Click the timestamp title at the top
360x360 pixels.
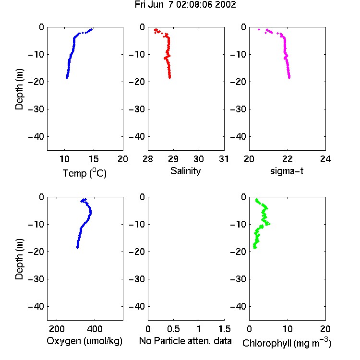(x=185, y=5)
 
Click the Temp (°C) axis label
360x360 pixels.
(x=84, y=173)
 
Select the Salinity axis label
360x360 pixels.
(x=185, y=171)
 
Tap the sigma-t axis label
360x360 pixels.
(x=287, y=171)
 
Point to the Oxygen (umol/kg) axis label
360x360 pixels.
(x=84, y=341)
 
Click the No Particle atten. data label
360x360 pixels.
(x=185, y=341)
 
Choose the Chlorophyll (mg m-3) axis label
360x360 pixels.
(x=287, y=343)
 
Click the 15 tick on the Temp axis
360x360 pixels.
(x=94, y=159)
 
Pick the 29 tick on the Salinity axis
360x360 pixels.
(x=173, y=159)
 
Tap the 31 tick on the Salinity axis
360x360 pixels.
(x=224, y=159)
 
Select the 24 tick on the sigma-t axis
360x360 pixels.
(x=325, y=159)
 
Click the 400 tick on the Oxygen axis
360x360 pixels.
(x=95, y=329)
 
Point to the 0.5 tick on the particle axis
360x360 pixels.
(x=173, y=329)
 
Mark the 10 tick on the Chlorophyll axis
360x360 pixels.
(x=288, y=329)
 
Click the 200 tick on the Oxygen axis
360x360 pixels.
(x=57, y=329)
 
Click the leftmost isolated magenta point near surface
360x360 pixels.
(x=259, y=29)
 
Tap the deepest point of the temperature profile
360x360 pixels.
(x=67, y=78)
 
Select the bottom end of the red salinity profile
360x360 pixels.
(x=169, y=78)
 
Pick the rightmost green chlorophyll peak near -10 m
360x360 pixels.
(x=269, y=224)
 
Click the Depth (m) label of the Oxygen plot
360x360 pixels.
(x=19, y=259)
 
